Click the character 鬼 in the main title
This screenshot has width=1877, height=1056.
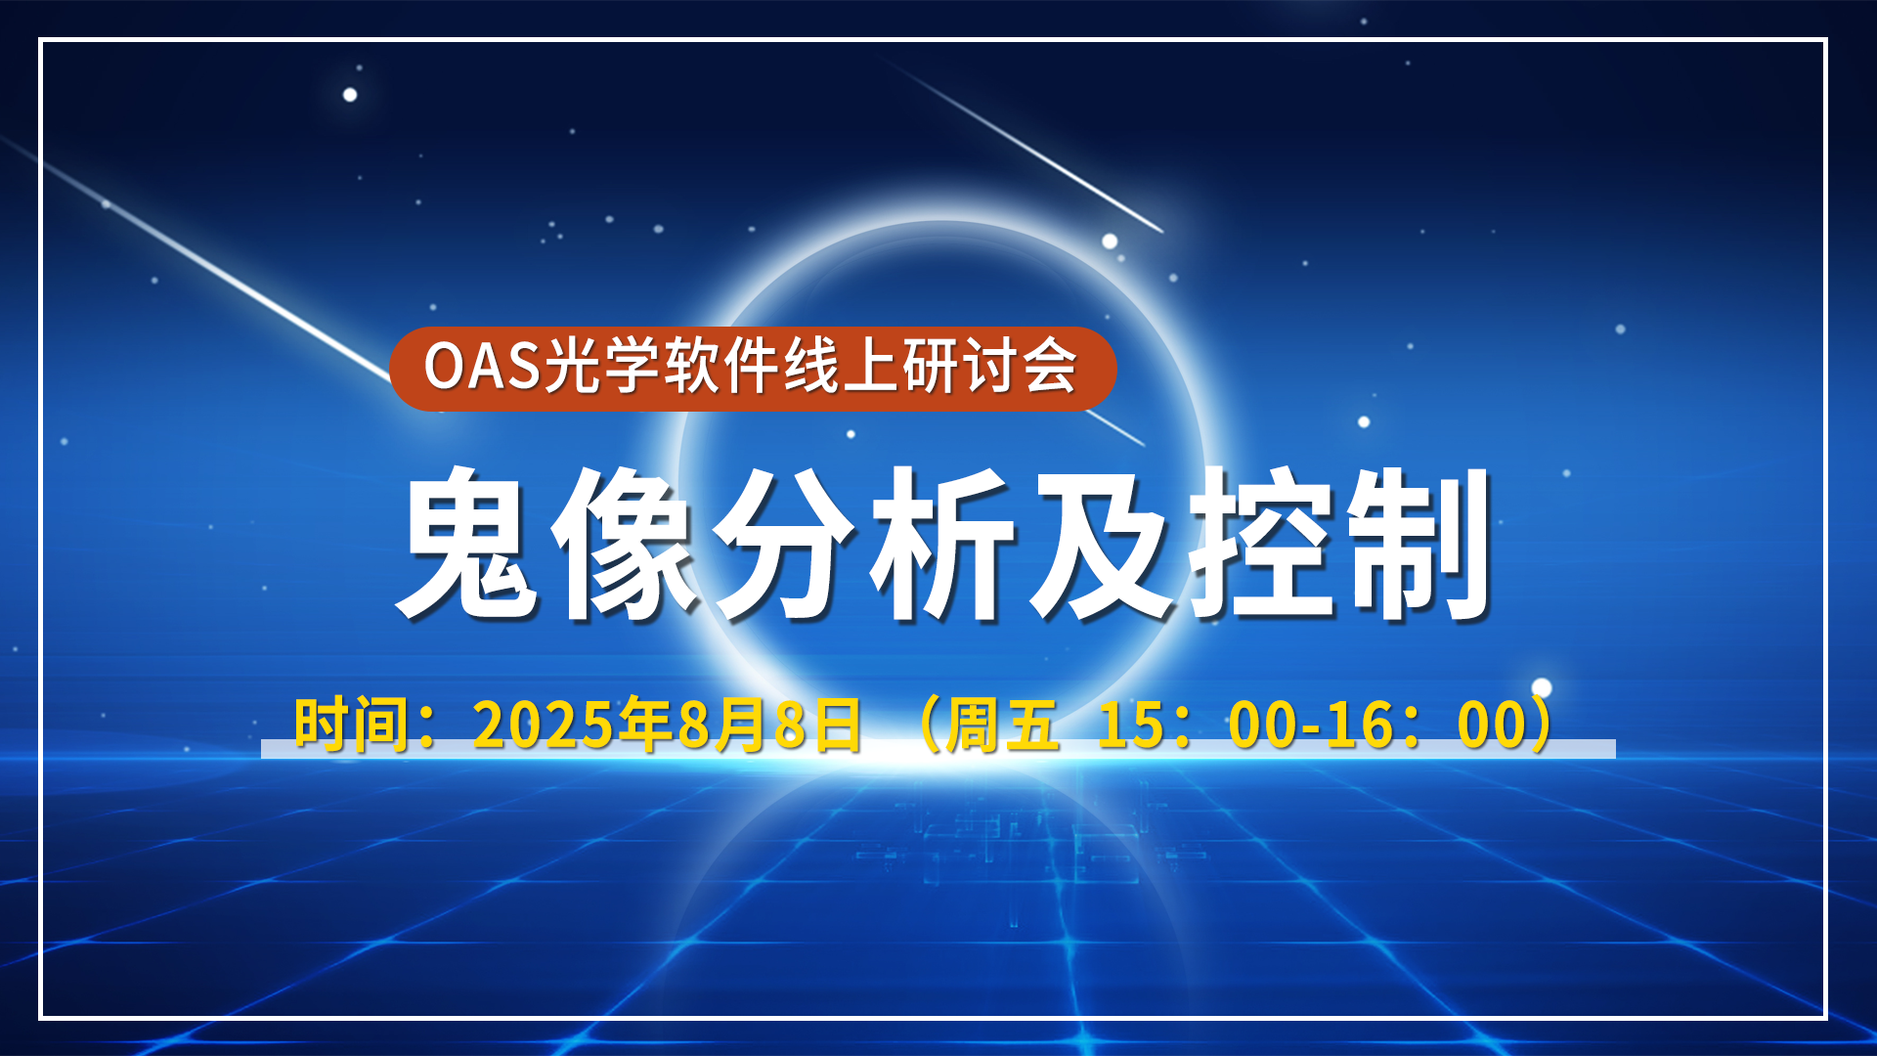(x=467, y=543)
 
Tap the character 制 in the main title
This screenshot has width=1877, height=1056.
(x=1417, y=543)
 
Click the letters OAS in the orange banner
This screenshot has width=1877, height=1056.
(x=482, y=367)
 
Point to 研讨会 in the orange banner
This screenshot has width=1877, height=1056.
(x=989, y=367)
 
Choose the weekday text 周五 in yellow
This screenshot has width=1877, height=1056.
(x=1003, y=726)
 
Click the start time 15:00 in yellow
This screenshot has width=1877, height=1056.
(x=1197, y=726)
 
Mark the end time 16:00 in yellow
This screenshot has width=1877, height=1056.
(x=1425, y=726)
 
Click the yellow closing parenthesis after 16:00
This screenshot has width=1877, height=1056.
(x=1541, y=726)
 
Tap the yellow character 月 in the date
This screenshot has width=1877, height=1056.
(x=743, y=726)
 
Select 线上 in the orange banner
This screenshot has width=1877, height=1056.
(x=841, y=367)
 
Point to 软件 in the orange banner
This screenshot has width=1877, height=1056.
(x=721, y=367)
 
